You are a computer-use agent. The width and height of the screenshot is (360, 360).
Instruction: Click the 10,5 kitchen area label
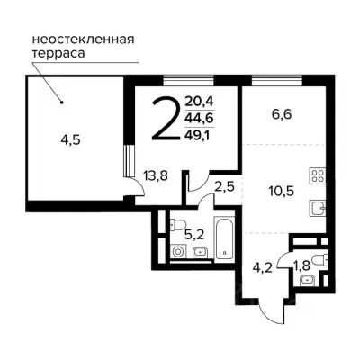tap(281, 190)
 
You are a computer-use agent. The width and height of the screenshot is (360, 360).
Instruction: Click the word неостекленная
tap(83, 39)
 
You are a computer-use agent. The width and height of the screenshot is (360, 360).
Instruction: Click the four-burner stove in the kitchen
tap(316, 174)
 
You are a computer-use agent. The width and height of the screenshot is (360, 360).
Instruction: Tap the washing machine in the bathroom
tap(176, 253)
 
